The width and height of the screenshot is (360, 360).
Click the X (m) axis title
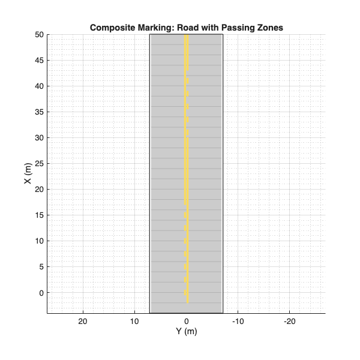pos(28,173)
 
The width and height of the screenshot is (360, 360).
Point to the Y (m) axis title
pos(186,331)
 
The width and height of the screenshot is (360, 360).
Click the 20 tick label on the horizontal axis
pos(83,321)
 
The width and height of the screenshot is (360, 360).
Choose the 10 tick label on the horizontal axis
pos(134,321)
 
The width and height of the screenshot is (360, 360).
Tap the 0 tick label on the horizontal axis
pos(186,321)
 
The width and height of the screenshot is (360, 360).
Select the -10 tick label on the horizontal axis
pos(238,321)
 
